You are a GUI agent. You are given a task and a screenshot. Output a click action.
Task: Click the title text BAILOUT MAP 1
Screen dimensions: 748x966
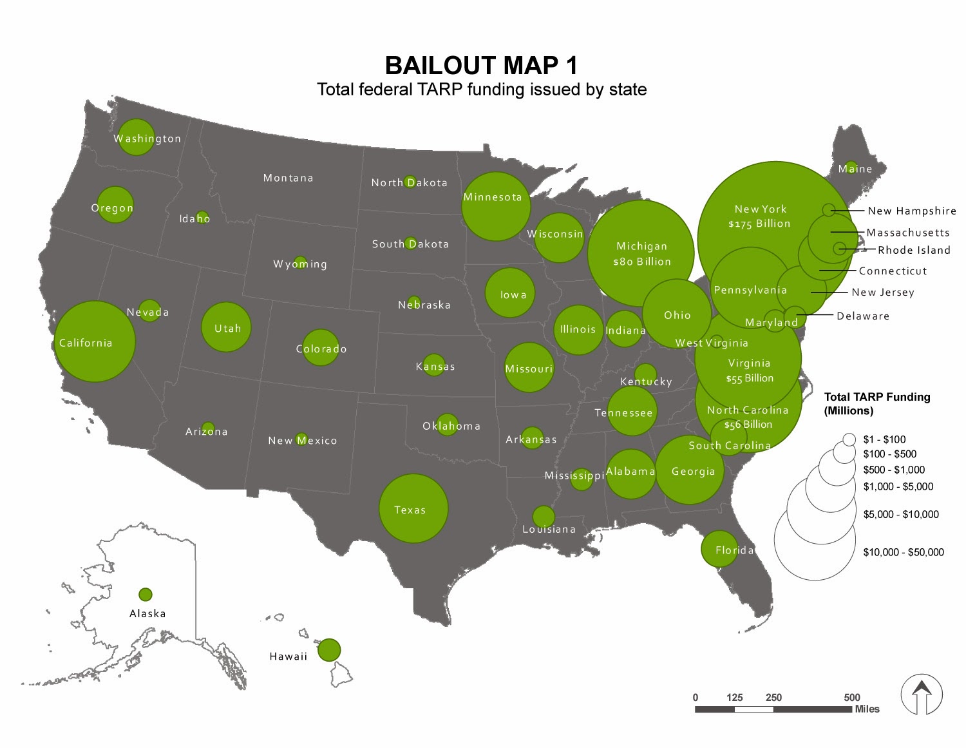click(482, 66)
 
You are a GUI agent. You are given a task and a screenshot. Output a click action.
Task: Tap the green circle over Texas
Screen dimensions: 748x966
click(413, 508)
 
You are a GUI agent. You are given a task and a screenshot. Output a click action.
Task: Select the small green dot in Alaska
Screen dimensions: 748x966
click(146, 594)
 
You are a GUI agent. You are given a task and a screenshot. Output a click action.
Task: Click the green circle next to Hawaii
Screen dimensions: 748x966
click(329, 649)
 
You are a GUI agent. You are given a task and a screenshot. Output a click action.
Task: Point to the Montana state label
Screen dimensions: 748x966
click(288, 178)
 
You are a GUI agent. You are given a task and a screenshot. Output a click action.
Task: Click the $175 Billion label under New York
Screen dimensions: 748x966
click(759, 224)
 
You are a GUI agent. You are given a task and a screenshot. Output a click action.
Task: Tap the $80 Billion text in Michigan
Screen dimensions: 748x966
click(641, 262)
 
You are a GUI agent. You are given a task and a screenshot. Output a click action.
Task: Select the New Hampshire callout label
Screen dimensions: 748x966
click(912, 211)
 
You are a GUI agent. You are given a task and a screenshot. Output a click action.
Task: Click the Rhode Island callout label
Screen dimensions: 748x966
click(914, 250)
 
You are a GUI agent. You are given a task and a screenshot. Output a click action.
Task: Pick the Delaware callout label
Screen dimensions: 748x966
click(863, 316)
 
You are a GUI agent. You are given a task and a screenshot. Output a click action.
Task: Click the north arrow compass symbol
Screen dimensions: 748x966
click(922, 695)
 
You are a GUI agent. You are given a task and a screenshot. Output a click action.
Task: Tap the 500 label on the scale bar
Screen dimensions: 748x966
click(852, 697)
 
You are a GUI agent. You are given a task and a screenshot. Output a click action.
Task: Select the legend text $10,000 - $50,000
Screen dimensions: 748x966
click(904, 552)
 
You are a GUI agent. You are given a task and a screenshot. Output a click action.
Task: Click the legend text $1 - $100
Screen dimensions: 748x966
click(884, 439)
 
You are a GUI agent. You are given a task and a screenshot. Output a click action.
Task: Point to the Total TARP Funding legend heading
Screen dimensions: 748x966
click(877, 403)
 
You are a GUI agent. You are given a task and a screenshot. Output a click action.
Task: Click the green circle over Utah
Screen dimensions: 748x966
click(226, 327)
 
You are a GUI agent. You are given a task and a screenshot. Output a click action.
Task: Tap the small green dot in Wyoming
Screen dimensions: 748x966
click(300, 262)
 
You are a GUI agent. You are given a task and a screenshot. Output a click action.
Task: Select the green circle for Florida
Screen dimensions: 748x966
click(719, 549)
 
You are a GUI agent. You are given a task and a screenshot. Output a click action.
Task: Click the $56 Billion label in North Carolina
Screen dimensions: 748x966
click(748, 425)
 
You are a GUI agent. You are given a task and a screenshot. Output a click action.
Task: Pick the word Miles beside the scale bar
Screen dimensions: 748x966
click(867, 709)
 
